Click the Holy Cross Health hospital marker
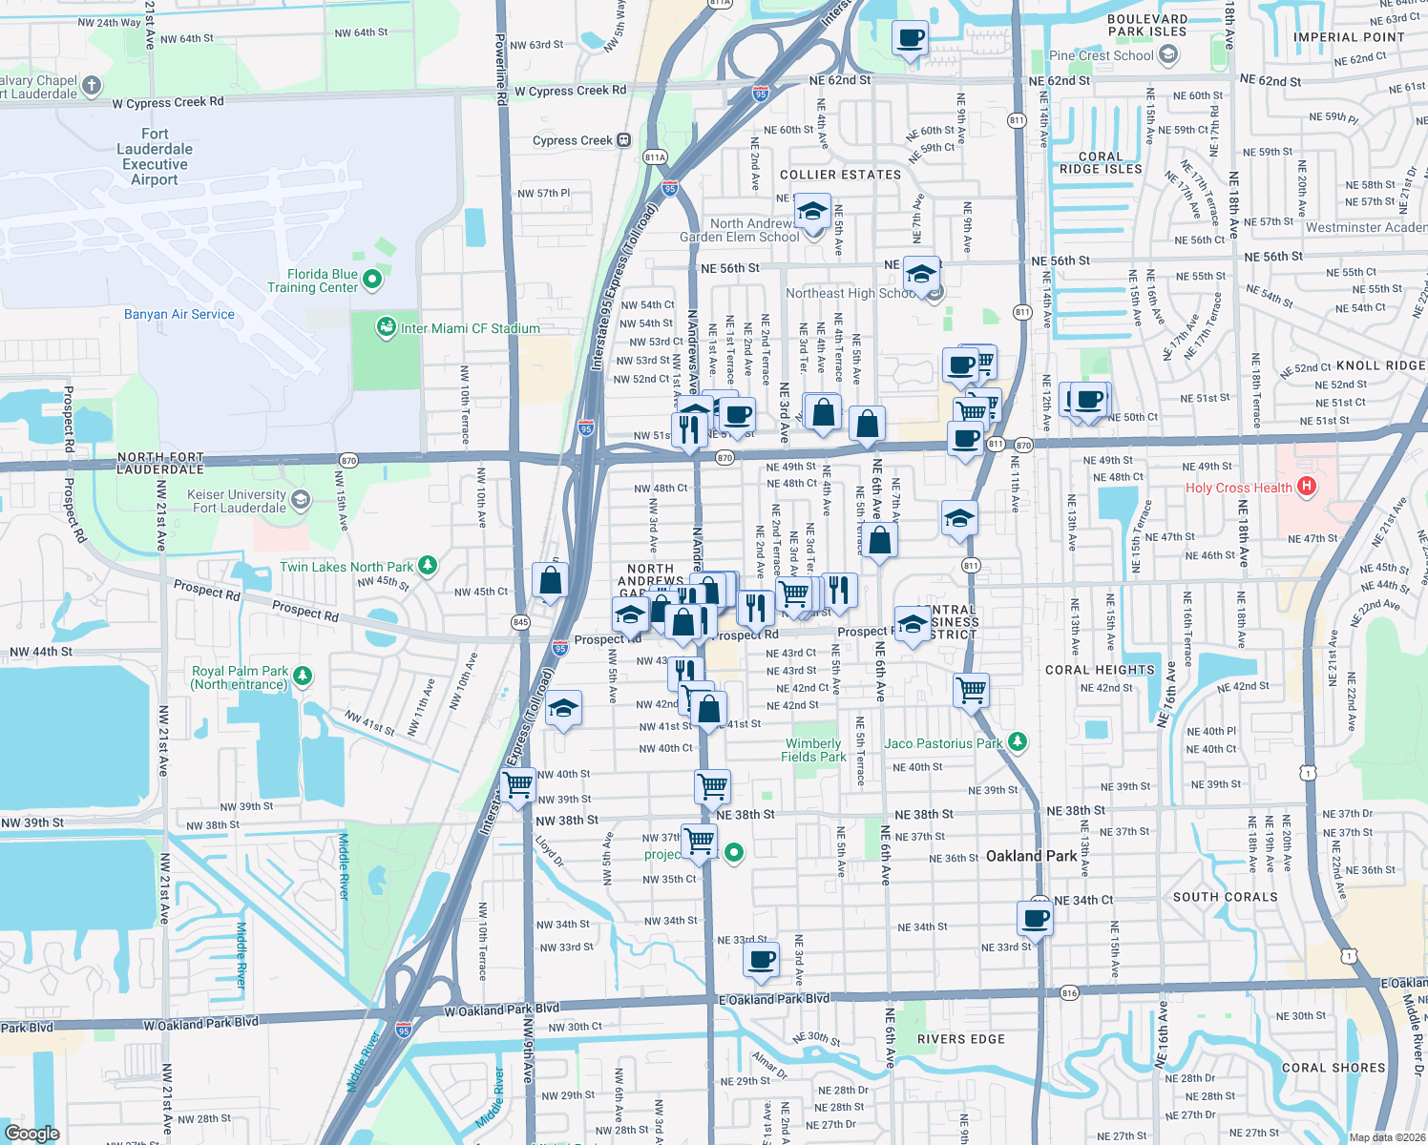click(1307, 487)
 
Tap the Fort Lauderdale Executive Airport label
click(155, 156)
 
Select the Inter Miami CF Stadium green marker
click(386, 328)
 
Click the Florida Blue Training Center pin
click(372, 280)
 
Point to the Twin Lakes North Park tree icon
click(428, 566)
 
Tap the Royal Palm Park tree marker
click(303, 676)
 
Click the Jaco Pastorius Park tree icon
click(1018, 742)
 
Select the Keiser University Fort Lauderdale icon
click(301, 499)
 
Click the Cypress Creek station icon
click(624, 140)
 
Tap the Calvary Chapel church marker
click(92, 86)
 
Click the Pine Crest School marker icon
click(1167, 55)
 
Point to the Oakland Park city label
click(1031, 856)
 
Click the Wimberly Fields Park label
click(813, 750)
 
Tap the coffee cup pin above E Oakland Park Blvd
click(761, 960)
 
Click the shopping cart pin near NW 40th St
click(518, 786)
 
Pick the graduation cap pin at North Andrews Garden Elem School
click(812, 212)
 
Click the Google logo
click(31, 1134)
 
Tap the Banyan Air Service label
click(179, 314)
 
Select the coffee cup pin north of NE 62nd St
click(911, 39)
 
